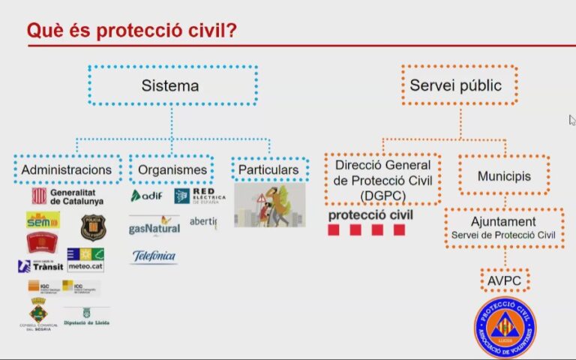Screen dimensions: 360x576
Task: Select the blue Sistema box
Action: click(x=172, y=85)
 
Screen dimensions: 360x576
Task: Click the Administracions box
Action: click(x=67, y=169)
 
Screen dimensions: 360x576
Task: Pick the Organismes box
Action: click(x=172, y=169)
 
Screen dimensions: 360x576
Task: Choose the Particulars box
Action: click(x=268, y=169)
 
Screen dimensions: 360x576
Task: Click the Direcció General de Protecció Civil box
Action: click(x=382, y=180)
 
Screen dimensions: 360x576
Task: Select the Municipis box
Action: click(x=504, y=176)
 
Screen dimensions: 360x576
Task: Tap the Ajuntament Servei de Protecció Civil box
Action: click(x=503, y=229)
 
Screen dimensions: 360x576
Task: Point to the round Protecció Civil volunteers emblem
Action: click(x=505, y=327)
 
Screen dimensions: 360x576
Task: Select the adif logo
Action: click(x=147, y=196)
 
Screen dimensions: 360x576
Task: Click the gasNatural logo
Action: click(x=154, y=224)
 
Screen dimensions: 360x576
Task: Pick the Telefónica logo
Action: click(x=154, y=256)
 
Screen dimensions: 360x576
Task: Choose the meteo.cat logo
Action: click(x=85, y=259)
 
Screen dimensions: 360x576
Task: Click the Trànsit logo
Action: click(x=40, y=265)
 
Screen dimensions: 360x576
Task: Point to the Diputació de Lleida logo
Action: click(x=85, y=316)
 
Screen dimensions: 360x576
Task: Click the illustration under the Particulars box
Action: click(x=269, y=205)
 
